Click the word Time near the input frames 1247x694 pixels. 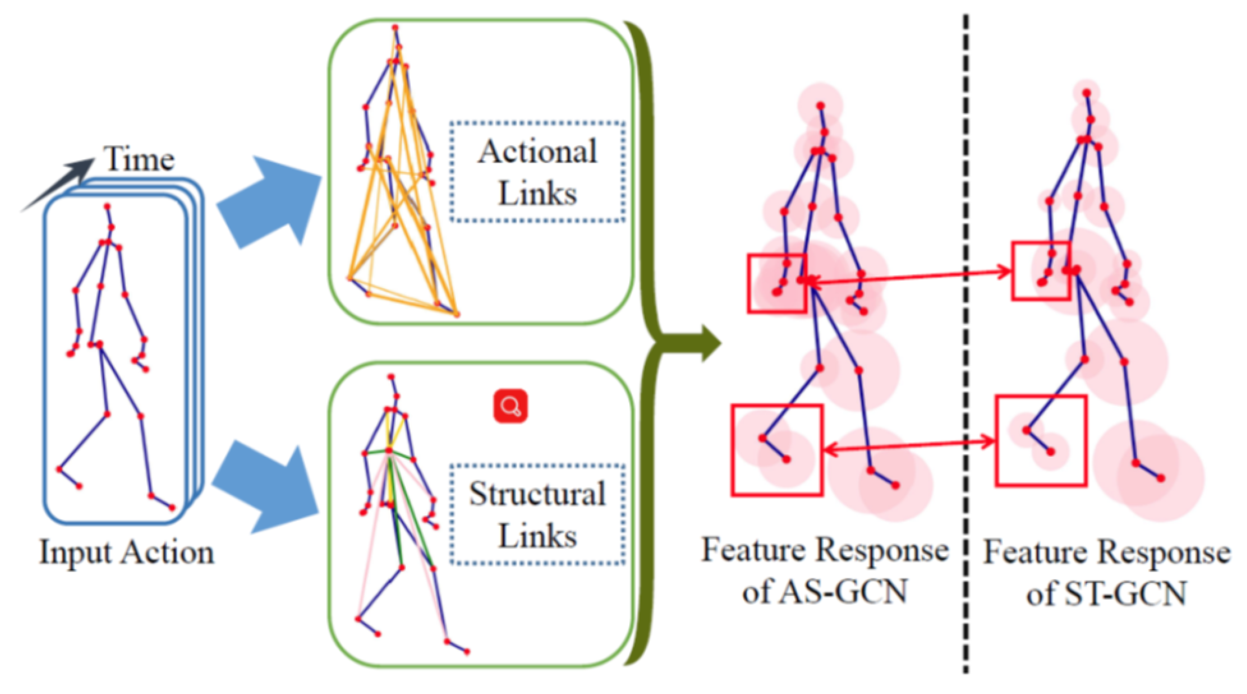(138, 160)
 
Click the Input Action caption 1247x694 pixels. (127, 552)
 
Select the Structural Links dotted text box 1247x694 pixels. (537, 515)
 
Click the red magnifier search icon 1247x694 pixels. (510, 406)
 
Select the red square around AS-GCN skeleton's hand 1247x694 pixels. (776, 283)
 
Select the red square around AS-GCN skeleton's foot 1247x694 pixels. (776, 450)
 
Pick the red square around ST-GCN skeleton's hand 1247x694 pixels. (1040, 271)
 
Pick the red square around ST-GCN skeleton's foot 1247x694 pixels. (1041, 441)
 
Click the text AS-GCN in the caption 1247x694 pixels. (842, 591)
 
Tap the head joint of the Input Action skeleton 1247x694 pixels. (107, 207)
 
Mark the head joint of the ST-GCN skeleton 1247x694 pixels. (1087, 92)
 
